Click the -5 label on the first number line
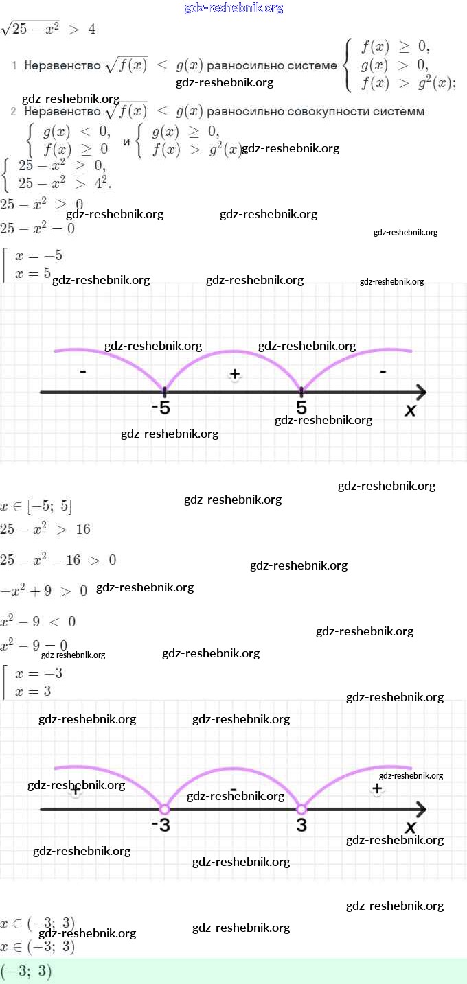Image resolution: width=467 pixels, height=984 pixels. (x=161, y=408)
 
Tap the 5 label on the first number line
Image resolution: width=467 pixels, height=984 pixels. (x=301, y=408)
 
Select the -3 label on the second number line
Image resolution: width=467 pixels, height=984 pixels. (x=161, y=825)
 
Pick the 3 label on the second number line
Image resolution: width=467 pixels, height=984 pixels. (x=301, y=825)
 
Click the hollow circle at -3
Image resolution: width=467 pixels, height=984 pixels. (x=164, y=809)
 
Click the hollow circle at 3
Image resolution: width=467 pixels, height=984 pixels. (x=301, y=809)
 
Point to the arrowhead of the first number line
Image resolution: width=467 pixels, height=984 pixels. (x=420, y=393)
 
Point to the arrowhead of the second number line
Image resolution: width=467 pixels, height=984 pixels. (x=420, y=809)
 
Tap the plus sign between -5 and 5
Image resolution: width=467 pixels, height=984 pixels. (x=235, y=374)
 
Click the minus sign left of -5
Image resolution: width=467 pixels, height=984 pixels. (x=82, y=372)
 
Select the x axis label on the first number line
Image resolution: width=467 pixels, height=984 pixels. (x=411, y=410)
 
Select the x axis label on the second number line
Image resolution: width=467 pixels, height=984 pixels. (x=411, y=827)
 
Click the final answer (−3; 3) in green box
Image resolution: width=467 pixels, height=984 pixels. (x=26, y=972)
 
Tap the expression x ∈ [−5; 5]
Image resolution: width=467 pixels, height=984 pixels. (x=36, y=507)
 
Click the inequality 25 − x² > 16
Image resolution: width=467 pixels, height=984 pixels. (x=45, y=529)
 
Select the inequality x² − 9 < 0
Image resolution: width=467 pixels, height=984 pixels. (x=38, y=622)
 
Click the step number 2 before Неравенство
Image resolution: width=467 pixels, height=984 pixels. (x=13, y=112)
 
